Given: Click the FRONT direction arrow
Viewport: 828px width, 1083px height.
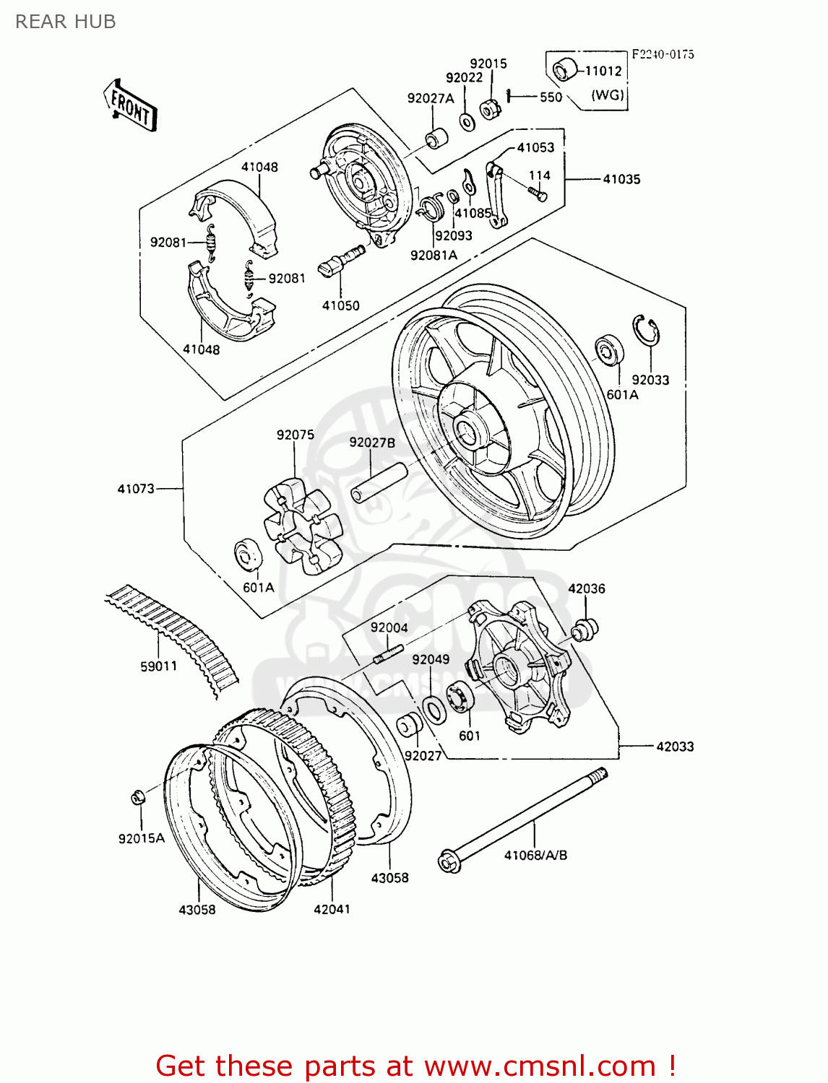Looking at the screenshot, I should pos(130,105).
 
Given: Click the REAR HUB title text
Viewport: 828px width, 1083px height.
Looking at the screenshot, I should pos(66,22).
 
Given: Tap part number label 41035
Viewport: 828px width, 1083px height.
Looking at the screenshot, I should pos(621,179).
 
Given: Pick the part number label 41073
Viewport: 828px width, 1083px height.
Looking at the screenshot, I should pos(136,489).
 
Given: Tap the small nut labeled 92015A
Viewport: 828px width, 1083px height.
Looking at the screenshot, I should pos(137,797).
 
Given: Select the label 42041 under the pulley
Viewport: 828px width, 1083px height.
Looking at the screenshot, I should pos(332,909).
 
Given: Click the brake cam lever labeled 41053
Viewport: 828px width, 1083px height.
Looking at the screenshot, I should pos(498,196).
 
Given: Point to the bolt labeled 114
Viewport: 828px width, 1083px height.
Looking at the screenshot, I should pos(537,193).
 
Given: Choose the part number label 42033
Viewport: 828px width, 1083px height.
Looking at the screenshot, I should pos(675,747).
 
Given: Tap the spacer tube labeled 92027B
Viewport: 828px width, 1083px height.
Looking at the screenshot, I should pos(379,483).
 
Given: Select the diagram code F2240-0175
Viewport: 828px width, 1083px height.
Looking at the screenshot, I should pos(663,54).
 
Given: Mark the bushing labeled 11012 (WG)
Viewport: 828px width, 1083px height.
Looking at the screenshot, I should pos(563,70).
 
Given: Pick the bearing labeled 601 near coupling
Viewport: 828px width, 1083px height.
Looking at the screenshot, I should pos(460,697).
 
